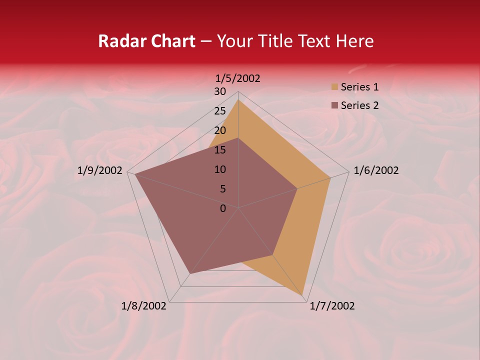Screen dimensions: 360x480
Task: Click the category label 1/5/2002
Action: pyautogui.click(x=238, y=78)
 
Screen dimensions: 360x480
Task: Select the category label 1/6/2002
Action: pyautogui.click(x=376, y=170)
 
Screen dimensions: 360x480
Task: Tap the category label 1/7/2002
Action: pyautogui.click(x=332, y=306)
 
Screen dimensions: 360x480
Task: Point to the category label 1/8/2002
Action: pyautogui.click(x=144, y=306)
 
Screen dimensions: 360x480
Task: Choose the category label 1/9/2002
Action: pyautogui.click(x=100, y=170)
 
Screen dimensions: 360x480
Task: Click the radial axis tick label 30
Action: pyautogui.click(x=220, y=91)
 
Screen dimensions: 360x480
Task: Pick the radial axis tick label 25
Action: pyautogui.click(x=220, y=111)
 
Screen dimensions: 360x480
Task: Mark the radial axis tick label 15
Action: pyautogui.click(x=220, y=150)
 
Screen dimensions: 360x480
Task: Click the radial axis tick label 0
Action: pyautogui.click(x=223, y=208)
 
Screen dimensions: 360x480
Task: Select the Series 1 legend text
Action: pyautogui.click(x=359, y=87)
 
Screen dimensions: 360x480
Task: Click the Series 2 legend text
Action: pyautogui.click(x=359, y=105)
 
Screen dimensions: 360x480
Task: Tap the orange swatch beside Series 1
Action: pyautogui.click(x=334, y=87)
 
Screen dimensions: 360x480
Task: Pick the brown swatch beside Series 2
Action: pyautogui.click(x=334, y=105)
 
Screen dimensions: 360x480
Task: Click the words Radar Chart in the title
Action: pyautogui.click(x=146, y=41)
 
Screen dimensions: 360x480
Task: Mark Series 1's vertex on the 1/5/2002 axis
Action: pyautogui.click(x=238, y=100)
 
